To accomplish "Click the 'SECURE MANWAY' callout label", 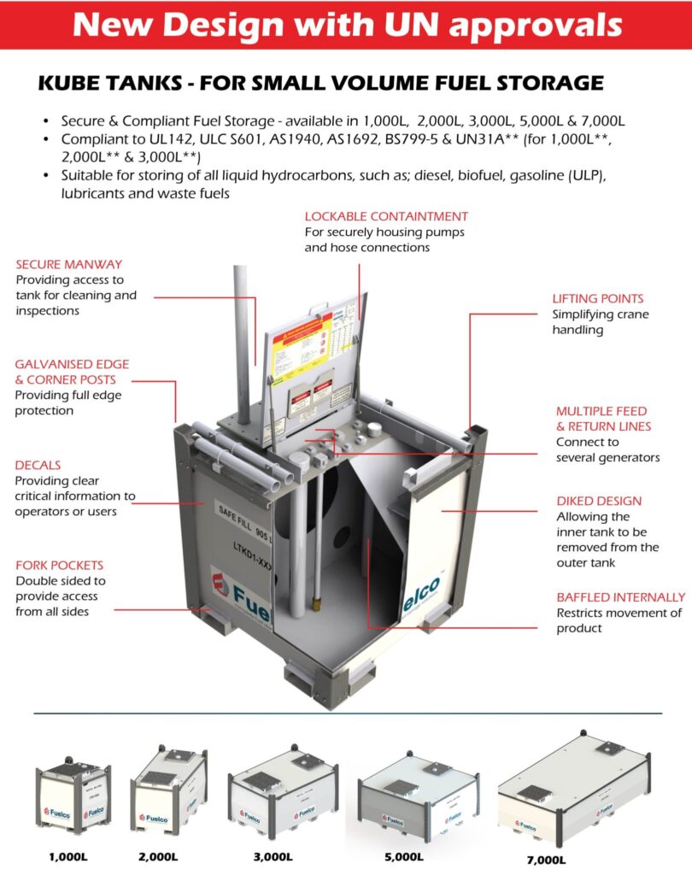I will point(68,264).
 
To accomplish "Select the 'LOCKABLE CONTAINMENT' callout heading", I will point(386,216).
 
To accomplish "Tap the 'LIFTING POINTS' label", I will point(598,299).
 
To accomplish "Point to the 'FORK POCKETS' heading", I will point(59,565).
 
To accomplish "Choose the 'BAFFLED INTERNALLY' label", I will point(620,597).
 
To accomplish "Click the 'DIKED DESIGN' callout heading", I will point(598,501).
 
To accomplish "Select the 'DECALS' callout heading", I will point(38,466).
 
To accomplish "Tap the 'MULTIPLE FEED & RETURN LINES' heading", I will point(602,419).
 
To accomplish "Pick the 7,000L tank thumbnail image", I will point(573,787).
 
